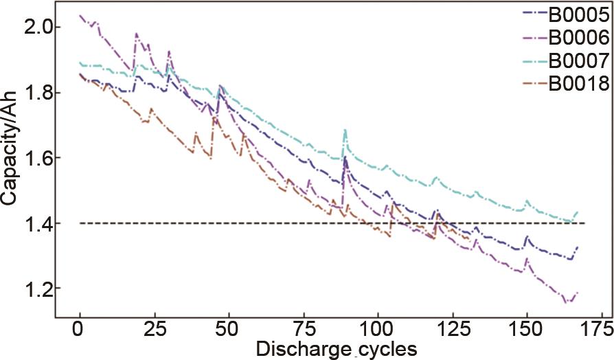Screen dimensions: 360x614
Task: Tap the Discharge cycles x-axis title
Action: coord(337,348)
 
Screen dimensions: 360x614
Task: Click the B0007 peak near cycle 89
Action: coord(345,130)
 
